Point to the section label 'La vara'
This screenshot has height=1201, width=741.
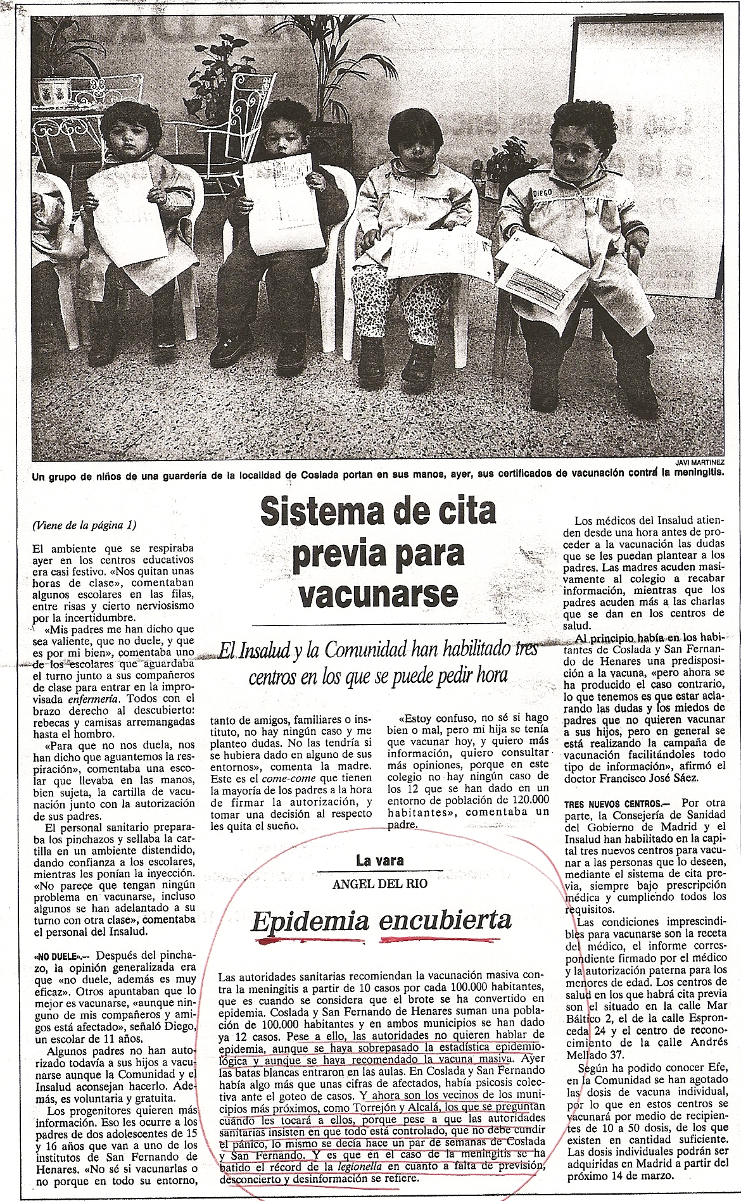tap(379, 860)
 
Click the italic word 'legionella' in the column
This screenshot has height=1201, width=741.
tap(358, 1166)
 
